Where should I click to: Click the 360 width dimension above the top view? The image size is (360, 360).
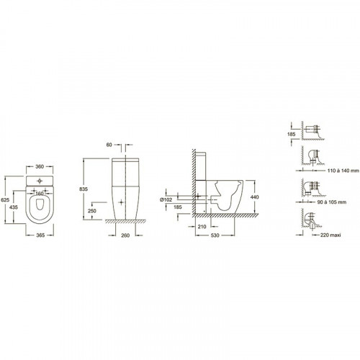40,166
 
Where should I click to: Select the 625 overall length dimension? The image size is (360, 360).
5,199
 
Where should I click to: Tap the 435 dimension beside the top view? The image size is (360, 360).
14,207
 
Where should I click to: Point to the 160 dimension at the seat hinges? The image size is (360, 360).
40,193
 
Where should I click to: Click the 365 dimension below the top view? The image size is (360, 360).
40,235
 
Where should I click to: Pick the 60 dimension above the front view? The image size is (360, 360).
109,145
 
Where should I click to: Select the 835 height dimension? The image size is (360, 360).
84,189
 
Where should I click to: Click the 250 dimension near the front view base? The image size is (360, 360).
92,211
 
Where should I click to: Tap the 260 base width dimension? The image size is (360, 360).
125,235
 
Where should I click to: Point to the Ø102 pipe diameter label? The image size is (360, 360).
166,199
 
